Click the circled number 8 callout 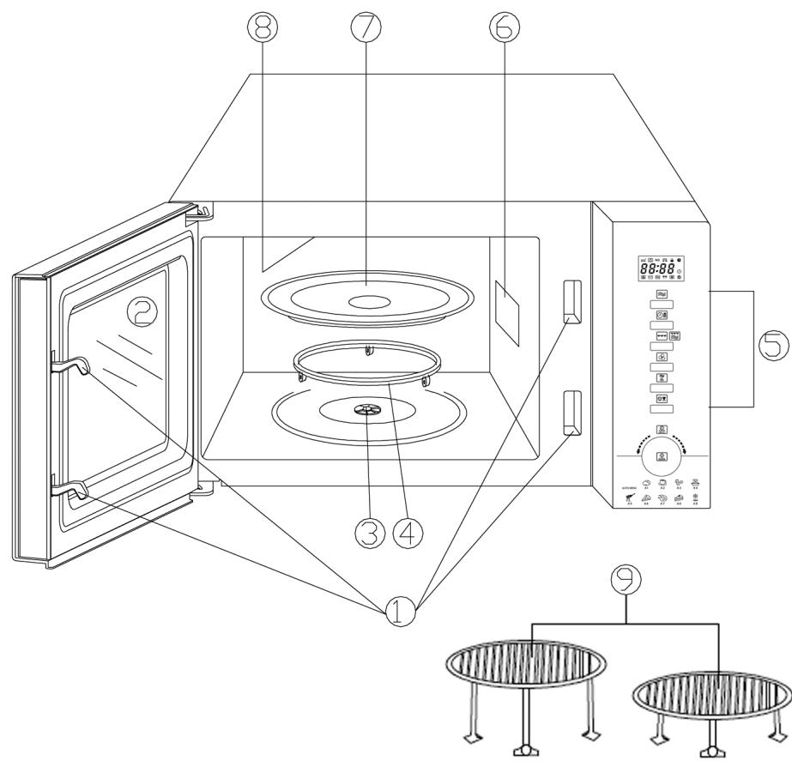(x=263, y=28)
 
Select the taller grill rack (x=525, y=665)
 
